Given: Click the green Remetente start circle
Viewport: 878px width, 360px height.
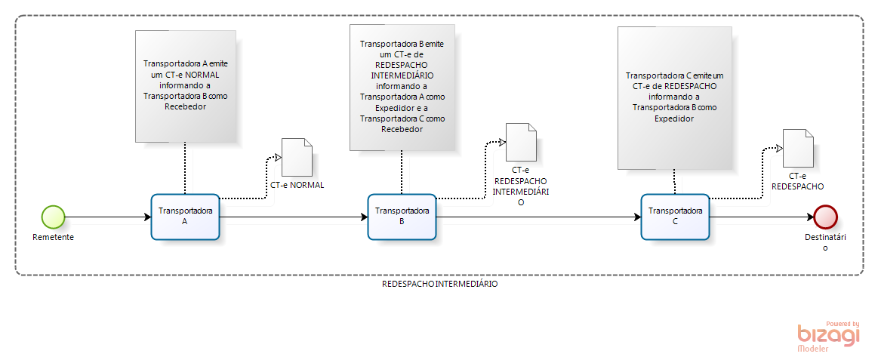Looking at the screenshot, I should point(53,217).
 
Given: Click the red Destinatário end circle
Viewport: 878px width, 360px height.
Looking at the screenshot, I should point(826,217).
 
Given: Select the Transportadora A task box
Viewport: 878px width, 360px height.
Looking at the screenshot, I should point(185,217).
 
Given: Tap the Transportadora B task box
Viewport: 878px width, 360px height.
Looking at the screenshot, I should point(402,217).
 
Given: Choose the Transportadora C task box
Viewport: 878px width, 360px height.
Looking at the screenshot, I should point(675,217).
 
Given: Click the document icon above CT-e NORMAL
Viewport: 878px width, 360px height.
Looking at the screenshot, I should point(297,157).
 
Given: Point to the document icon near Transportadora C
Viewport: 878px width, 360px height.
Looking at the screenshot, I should point(798,149).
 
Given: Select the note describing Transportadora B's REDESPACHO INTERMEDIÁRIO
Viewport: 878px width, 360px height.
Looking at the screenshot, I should point(402,87).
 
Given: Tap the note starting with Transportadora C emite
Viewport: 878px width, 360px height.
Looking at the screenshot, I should point(674,97).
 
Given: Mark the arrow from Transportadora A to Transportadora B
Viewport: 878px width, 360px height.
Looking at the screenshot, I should point(294,218).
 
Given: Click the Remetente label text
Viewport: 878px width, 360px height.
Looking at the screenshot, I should point(53,237).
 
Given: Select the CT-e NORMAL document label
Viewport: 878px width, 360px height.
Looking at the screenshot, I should point(297,185).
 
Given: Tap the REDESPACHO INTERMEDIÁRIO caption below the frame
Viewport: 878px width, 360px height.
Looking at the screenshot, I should point(439,285).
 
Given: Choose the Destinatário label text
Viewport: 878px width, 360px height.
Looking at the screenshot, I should point(825,242).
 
